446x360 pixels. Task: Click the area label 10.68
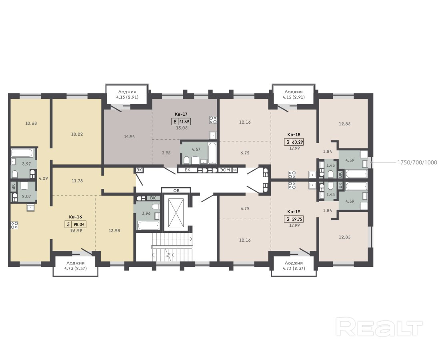(x=31, y=124)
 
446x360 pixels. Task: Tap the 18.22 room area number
(x=77, y=134)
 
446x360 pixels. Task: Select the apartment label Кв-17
(x=181, y=114)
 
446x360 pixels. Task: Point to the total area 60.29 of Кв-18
(x=297, y=141)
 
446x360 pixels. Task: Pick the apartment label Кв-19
(x=294, y=212)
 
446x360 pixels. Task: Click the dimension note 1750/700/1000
(x=417, y=163)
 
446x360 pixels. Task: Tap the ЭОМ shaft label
(x=225, y=170)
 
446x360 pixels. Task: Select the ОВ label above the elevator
(x=176, y=190)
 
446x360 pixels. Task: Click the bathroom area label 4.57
(x=196, y=149)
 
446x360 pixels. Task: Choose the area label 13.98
(x=114, y=231)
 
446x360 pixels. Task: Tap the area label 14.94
(x=129, y=136)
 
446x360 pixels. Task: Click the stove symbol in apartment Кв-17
(x=213, y=120)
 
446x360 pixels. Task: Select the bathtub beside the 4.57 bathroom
(x=212, y=153)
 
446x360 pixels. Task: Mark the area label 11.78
(x=77, y=181)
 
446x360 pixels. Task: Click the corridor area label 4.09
(x=43, y=178)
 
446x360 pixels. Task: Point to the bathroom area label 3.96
(x=146, y=213)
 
